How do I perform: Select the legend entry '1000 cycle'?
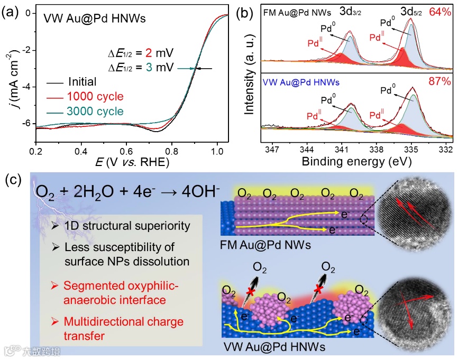[95, 97]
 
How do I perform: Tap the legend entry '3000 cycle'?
[95, 112]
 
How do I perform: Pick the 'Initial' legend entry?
[82, 82]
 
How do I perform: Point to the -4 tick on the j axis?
[27, 87]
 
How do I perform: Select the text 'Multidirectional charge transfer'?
[123, 328]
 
